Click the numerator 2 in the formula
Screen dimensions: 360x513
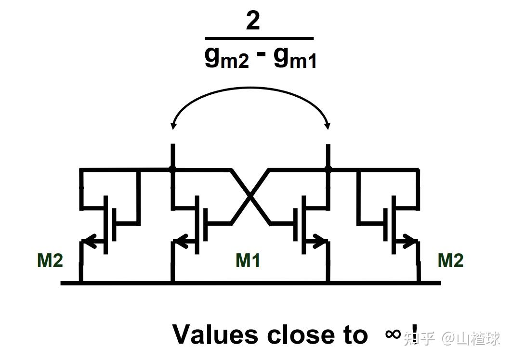pos(253,21)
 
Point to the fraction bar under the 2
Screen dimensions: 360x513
pos(259,38)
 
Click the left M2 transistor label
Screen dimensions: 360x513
pos(50,260)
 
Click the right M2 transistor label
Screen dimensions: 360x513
pos(450,260)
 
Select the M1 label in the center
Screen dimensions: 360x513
pos(248,260)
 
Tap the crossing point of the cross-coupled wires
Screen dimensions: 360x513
pos(250,196)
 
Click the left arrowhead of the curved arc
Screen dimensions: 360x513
pos(173,127)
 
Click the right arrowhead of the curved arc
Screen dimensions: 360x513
pos(328,127)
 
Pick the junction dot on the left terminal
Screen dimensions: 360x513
pos(172,169)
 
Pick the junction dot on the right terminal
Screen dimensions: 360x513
pos(328,169)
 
